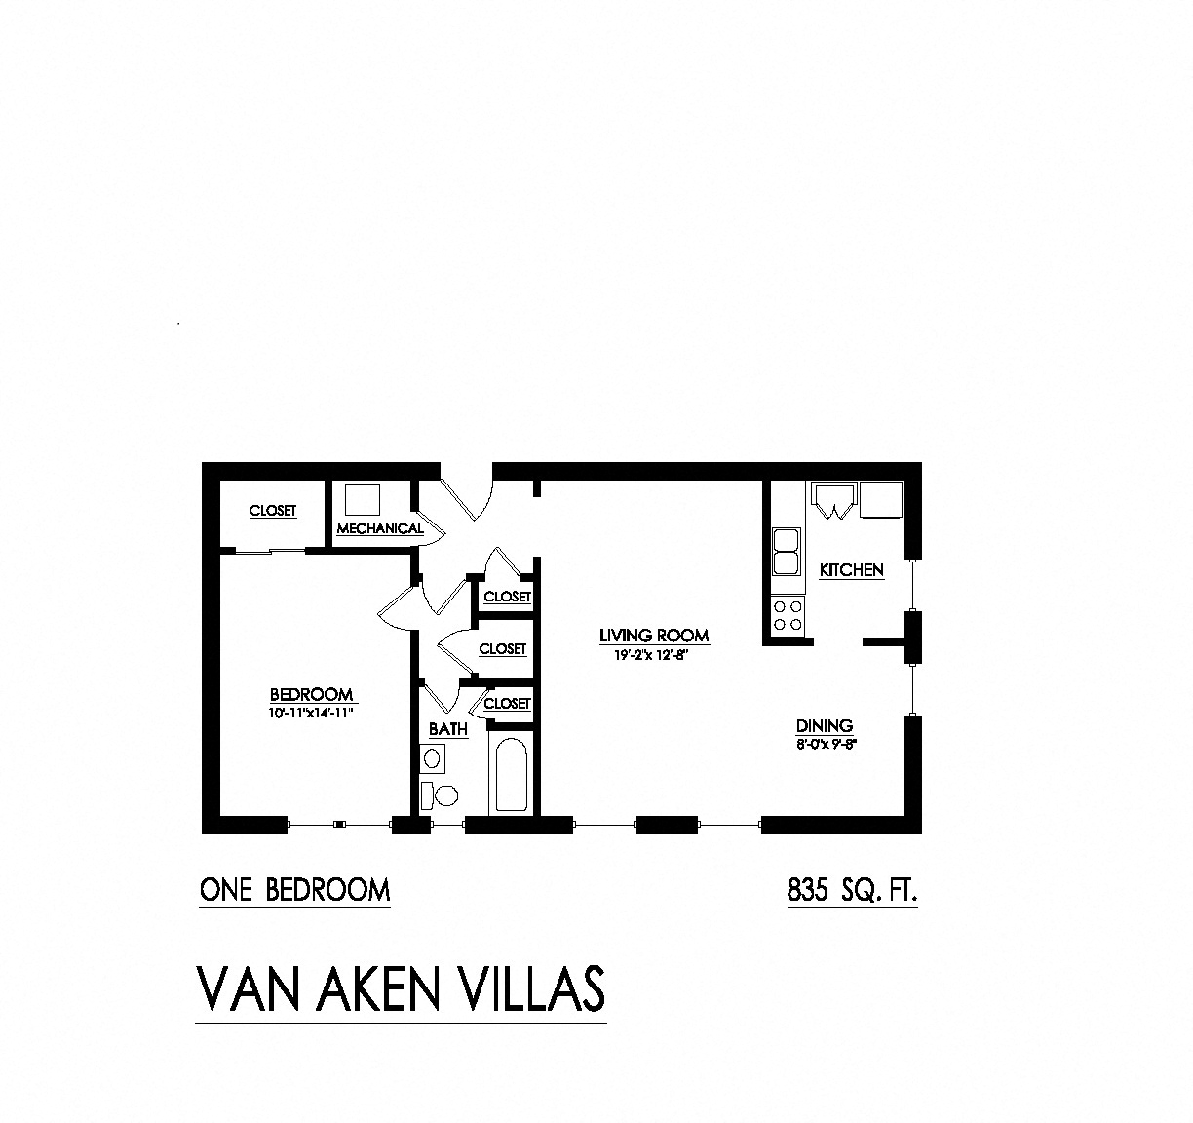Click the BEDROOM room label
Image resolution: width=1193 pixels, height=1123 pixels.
click(x=312, y=694)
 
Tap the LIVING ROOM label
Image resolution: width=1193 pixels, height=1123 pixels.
click(x=654, y=636)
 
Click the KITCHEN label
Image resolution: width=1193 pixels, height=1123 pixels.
click(x=851, y=570)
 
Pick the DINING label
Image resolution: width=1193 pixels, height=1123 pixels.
click(x=825, y=725)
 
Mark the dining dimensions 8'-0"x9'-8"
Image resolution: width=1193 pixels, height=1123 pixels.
click(x=825, y=743)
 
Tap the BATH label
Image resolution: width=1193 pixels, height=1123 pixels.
click(x=448, y=729)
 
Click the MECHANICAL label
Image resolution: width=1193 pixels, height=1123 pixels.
click(x=380, y=528)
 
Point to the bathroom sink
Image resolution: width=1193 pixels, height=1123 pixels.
click(x=433, y=756)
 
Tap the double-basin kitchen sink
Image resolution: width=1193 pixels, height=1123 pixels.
click(x=786, y=553)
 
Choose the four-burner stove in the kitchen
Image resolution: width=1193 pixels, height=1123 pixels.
click(x=788, y=615)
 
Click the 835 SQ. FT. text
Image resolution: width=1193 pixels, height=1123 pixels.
click(x=852, y=891)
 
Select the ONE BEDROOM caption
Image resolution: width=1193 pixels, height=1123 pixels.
click(x=294, y=891)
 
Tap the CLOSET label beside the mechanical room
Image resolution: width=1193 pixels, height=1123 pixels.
click(x=273, y=511)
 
